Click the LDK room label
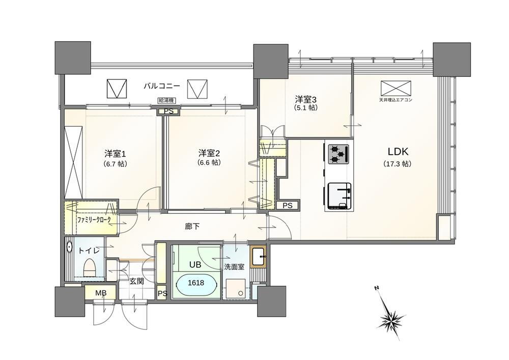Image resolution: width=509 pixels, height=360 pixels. [x=398, y=152]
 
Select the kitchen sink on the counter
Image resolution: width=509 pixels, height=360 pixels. [x=339, y=196]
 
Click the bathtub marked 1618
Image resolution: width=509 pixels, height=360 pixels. [x=196, y=283]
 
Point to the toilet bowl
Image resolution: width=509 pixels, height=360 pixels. [x=89, y=268]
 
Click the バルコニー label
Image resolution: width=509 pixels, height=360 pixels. [x=162, y=86]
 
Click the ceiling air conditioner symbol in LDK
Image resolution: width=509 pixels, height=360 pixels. [x=395, y=87]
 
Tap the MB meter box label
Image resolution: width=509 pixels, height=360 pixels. [x=101, y=293]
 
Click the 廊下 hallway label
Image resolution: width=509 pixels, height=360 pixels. [x=192, y=227]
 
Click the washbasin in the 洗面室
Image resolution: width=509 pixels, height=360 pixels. [x=259, y=257]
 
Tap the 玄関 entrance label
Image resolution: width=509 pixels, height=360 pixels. [x=136, y=281]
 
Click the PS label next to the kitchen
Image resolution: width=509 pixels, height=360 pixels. [x=287, y=206]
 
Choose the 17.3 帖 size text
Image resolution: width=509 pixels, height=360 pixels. [x=398, y=164]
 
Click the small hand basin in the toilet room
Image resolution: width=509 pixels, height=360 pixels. [x=69, y=247]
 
